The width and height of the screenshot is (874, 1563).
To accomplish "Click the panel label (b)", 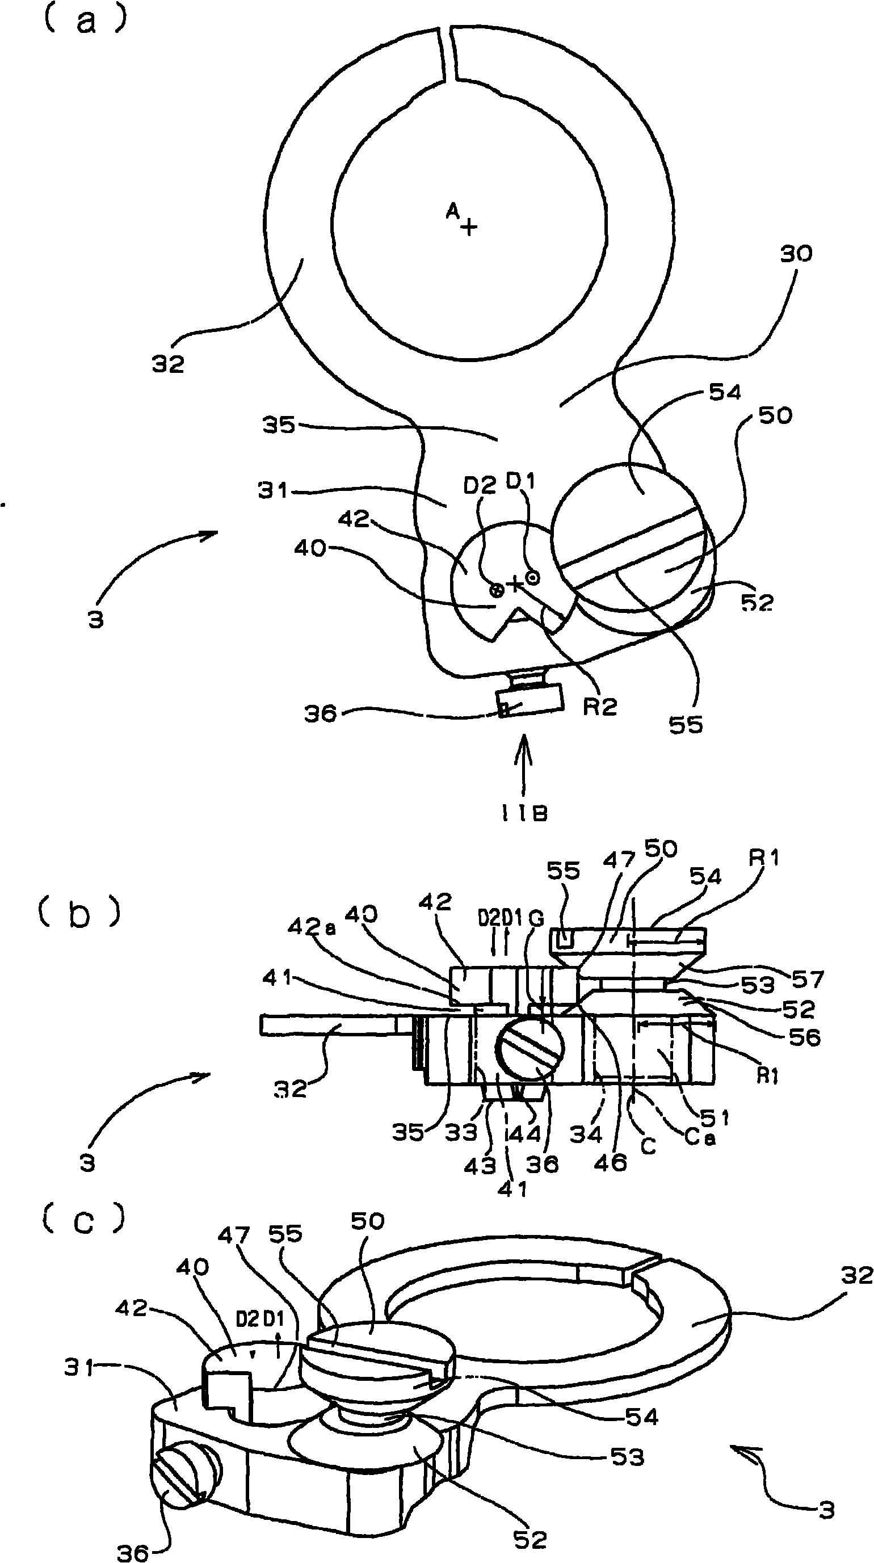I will tap(80, 915).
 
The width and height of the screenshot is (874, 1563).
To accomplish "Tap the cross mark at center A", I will tap(469, 227).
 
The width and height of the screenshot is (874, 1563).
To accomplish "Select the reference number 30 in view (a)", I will tap(795, 254).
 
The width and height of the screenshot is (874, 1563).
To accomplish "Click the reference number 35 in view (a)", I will tap(279, 425).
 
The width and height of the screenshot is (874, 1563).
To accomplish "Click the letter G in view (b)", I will tap(536, 918).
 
